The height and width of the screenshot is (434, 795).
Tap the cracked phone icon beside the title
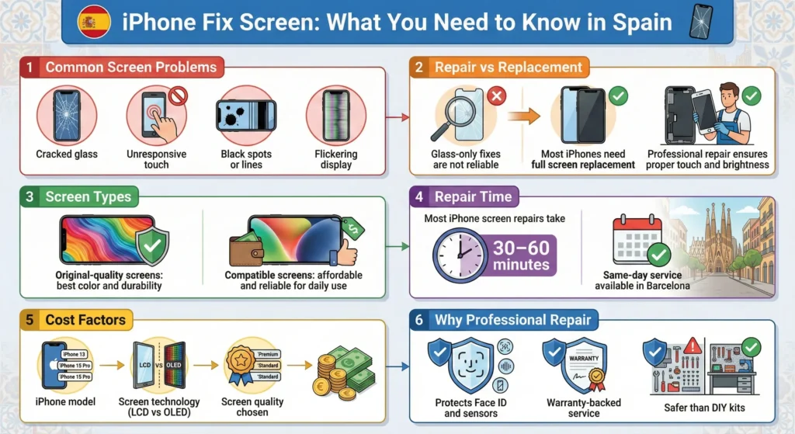point(700,22)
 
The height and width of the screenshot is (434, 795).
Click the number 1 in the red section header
point(30,68)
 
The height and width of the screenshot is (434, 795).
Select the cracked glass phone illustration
point(67,116)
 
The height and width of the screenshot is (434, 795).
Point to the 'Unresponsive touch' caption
point(157,159)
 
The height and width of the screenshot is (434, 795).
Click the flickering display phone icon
point(335,116)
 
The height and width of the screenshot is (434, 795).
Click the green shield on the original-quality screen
point(151,247)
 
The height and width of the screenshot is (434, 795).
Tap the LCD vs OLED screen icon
point(160,365)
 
